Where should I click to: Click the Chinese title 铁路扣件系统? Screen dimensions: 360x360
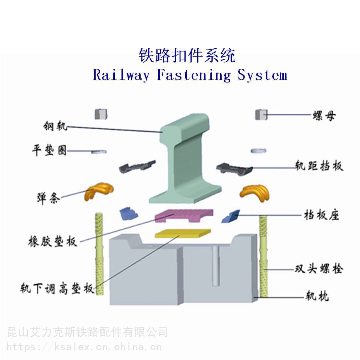(x=187, y=56)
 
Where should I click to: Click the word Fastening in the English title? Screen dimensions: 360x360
(x=193, y=75)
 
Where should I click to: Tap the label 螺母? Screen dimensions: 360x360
(x=324, y=115)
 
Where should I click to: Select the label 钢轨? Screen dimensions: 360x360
(x=55, y=126)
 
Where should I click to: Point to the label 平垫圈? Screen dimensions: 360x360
(x=49, y=151)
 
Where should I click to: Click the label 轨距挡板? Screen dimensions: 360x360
(x=319, y=166)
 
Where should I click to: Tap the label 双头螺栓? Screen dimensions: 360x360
(x=318, y=269)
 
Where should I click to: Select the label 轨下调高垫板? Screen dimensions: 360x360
(x=57, y=289)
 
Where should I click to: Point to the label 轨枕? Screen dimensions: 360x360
(x=317, y=297)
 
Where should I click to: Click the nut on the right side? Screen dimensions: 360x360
(x=261, y=115)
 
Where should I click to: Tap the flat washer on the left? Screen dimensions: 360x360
(x=99, y=151)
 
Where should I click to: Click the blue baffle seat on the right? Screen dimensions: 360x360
(x=231, y=216)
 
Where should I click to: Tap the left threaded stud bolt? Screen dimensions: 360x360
(x=99, y=253)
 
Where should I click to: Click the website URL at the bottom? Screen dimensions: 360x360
(x=84, y=347)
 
